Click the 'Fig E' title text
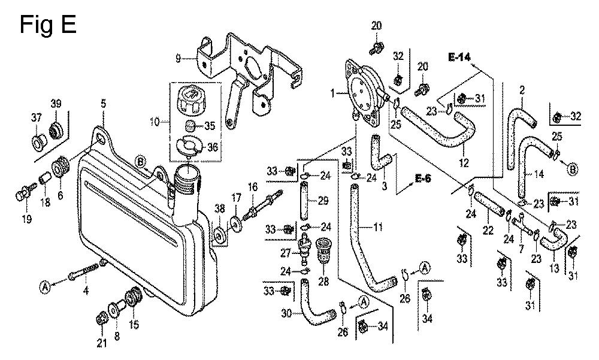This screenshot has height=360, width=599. (48, 25)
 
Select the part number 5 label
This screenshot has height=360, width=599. (104, 104)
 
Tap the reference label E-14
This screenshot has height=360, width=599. (459, 58)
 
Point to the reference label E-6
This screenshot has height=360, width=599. (423, 179)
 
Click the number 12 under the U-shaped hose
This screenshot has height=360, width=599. (464, 163)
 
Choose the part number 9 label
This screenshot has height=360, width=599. (178, 59)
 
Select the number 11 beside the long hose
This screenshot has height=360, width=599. (377, 228)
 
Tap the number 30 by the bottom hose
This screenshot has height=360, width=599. (287, 313)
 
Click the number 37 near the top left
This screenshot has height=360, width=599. (37, 118)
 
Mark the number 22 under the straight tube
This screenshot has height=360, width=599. (488, 231)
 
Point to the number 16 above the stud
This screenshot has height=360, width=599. (253, 187)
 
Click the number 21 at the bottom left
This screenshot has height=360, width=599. (101, 343)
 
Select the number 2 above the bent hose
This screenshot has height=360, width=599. (522, 90)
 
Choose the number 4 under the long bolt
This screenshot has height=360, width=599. (86, 291)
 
